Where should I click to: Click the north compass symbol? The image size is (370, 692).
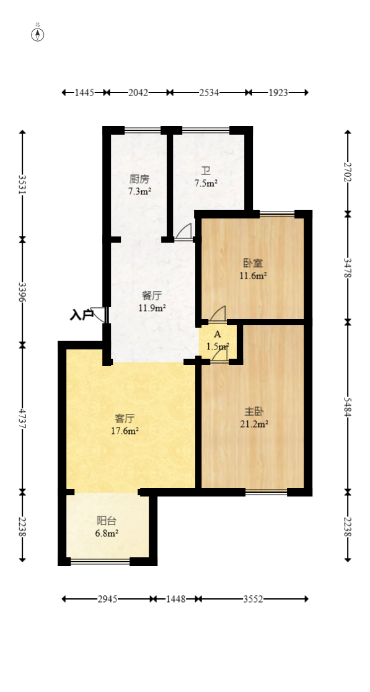click(x=38, y=34)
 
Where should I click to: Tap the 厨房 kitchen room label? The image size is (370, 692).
click(x=139, y=179)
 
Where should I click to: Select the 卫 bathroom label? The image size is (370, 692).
click(x=206, y=171)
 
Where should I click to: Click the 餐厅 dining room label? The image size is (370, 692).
click(x=152, y=296)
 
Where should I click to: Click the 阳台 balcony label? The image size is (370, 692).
click(x=107, y=521)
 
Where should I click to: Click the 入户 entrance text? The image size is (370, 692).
click(x=81, y=315)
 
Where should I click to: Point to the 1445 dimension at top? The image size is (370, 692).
click(x=84, y=92)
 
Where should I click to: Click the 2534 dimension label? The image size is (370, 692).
click(x=209, y=92)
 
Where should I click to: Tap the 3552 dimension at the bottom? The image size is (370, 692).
click(x=253, y=599)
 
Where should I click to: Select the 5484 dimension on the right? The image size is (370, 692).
click(x=348, y=407)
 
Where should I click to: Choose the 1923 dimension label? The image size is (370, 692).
click(x=278, y=92)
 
